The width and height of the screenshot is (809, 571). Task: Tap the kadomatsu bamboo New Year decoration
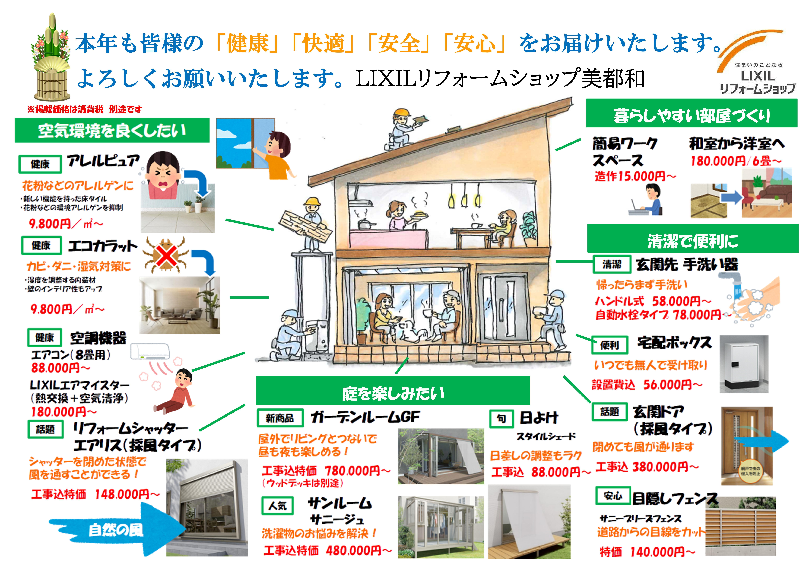tap(51, 60)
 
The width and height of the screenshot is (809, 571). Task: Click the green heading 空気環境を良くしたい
tap(112, 130)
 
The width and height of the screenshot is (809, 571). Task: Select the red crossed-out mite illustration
tap(166, 255)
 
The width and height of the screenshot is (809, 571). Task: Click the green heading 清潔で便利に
tap(692, 241)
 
